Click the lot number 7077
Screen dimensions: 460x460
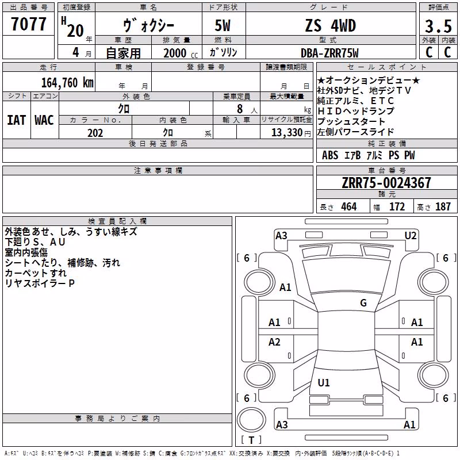tap(28, 24)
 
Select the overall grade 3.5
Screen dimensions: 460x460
tap(438, 26)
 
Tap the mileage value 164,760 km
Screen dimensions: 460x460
tap(67, 83)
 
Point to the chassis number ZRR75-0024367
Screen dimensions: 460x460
tap(386, 183)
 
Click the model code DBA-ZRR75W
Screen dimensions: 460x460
tap(329, 53)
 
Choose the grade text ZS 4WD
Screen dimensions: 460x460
tap(330, 25)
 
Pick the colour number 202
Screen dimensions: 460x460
tap(95, 133)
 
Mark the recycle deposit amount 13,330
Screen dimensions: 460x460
tap(287, 133)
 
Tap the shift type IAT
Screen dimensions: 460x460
tap(17, 120)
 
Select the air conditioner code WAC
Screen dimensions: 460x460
tap(44, 120)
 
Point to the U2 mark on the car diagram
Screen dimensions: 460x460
tap(411, 236)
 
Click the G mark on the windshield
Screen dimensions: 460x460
tap(363, 303)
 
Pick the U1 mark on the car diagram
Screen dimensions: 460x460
tap(324, 382)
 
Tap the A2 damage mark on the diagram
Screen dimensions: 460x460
tap(274, 342)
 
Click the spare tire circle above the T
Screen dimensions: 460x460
tap(251, 420)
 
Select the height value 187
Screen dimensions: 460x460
tap(443, 207)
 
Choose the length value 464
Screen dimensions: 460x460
tap(349, 207)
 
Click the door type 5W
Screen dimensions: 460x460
tap(223, 25)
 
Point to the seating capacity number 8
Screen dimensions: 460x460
tap(240, 109)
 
